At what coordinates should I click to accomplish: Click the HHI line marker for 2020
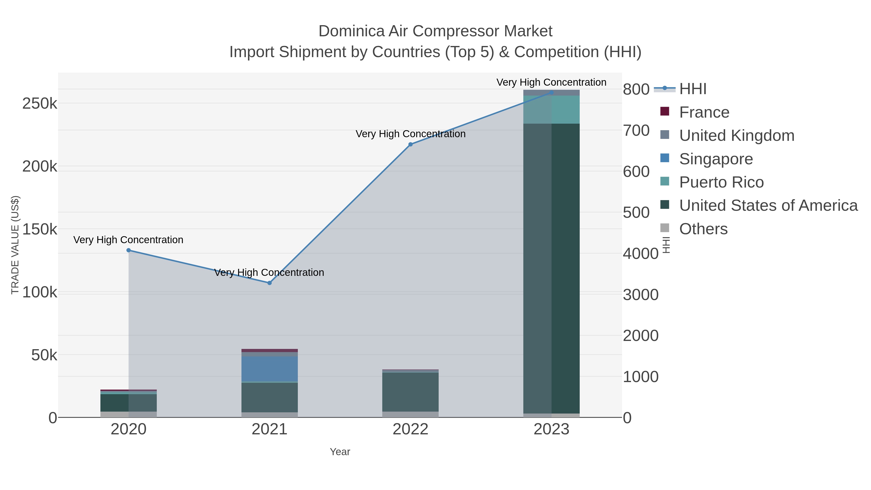[x=128, y=250]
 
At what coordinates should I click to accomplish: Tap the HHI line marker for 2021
[x=270, y=283]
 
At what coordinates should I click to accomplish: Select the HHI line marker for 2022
[x=411, y=144]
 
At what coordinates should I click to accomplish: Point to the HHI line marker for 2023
[x=551, y=92]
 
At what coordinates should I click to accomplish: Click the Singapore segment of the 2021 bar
[x=270, y=369]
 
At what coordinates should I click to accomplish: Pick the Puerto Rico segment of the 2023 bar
[x=551, y=110]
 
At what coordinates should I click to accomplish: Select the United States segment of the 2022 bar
[x=411, y=392]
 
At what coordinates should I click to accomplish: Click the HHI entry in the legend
[x=692, y=89]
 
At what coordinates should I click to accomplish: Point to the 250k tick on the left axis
[x=40, y=104]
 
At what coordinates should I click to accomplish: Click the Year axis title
[x=340, y=452]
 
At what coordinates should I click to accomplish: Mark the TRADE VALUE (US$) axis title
[x=15, y=245]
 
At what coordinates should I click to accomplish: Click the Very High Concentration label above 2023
[x=551, y=82]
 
